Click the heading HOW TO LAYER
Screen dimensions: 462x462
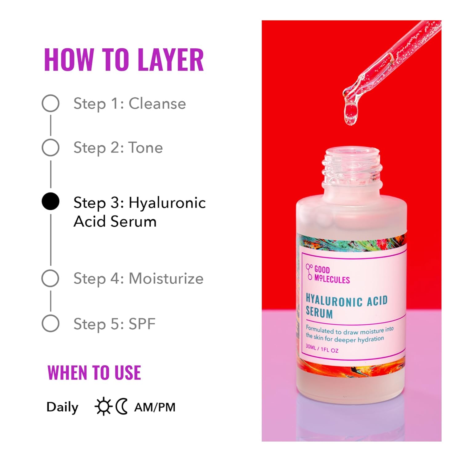pos(124,60)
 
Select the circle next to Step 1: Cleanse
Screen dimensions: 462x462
pos(51,103)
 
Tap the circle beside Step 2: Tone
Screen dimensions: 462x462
pos(51,148)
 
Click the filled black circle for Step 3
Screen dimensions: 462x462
pos(51,201)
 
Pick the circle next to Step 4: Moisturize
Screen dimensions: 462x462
pos(51,278)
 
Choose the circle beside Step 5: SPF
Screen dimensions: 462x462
pos(51,323)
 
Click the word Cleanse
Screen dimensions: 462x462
pos(157,103)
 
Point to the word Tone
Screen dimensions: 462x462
pos(145,148)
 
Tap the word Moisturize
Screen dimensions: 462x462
pos(166,278)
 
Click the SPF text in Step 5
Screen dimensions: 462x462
pos(142,324)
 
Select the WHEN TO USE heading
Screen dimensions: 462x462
pos(94,373)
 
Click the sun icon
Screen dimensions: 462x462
pos(103,407)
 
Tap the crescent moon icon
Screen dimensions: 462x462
pos(122,407)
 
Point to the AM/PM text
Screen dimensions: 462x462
pos(155,407)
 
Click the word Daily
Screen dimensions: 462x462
pos(63,407)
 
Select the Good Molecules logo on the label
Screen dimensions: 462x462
pos(328,274)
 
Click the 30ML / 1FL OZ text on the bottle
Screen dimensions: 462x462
pos(322,349)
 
